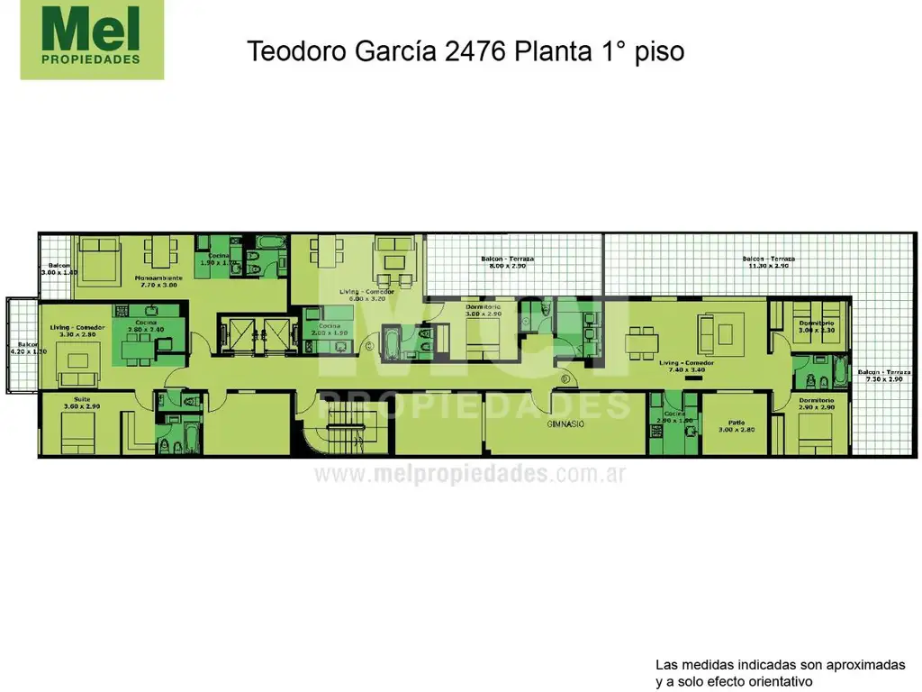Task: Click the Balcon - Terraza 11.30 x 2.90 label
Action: [768, 262]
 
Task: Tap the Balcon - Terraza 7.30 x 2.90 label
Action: [882, 376]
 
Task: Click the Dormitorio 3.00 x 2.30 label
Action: [816, 326]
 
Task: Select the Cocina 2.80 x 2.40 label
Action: [146, 325]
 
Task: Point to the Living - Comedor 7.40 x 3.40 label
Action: [687, 366]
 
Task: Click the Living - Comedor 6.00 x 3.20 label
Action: [366, 296]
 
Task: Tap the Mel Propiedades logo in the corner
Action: [92, 41]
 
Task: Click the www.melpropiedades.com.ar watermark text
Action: [469, 474]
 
